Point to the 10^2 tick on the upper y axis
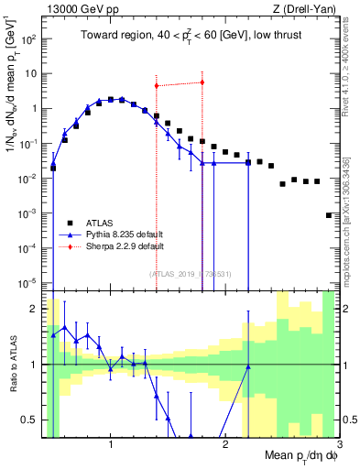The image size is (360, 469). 32,39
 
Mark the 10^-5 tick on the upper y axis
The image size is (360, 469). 32,282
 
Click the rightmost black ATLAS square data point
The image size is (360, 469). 329,215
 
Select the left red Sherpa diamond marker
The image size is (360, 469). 157,86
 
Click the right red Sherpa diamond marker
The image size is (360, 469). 202,82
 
